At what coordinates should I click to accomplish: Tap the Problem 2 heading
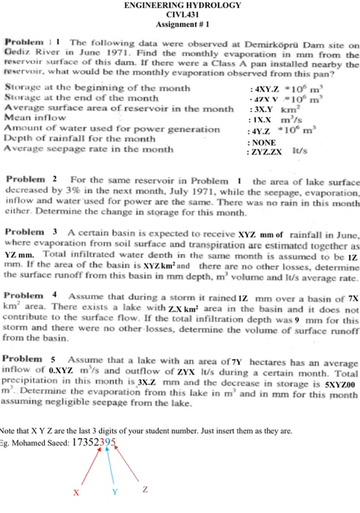[32, 180]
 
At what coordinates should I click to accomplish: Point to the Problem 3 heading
[32, 232]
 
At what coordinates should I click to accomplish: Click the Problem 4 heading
[32, 293]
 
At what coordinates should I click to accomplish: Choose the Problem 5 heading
[32, 361]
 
